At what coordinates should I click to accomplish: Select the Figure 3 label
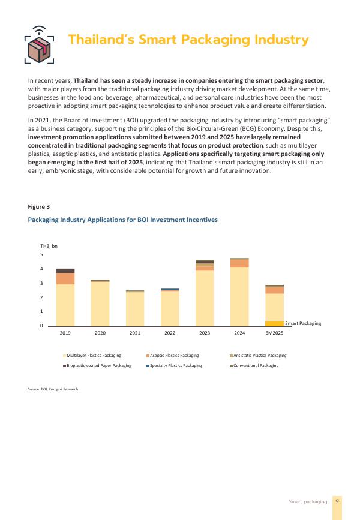pos(39,206)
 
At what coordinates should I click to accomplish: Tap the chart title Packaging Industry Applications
pos(122,220)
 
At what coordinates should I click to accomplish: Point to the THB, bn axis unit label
pos(49,246)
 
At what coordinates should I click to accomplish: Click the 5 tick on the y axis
pos(42,255)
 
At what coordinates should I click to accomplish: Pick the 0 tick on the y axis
pos(42,326)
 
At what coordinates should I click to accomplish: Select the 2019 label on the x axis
pos(65,332)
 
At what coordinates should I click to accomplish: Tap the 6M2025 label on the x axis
pos(274,332)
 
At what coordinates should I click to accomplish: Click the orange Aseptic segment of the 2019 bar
pos(65,278)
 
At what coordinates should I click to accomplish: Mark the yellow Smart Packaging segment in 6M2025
pos(274,323)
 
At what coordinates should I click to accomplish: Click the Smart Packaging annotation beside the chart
pos(303,323)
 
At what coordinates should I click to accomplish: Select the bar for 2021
pos(135,308)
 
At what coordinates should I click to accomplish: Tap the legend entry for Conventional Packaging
pos(256,365)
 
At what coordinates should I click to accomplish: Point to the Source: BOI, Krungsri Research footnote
pos(53,390)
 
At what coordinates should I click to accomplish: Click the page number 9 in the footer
pos(338,501)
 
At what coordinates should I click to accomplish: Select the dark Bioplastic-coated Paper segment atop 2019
pos(65,270)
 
